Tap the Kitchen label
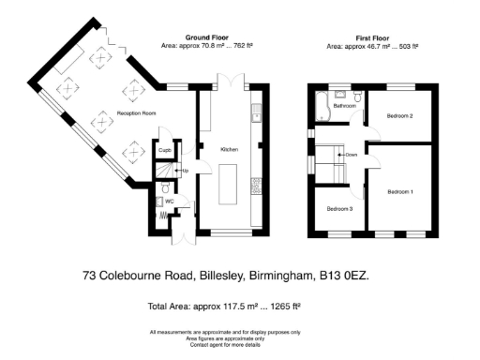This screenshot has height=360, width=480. pyautogui.click(x=229, y=150)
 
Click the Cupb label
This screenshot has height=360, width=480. pyautogui.click(x=164, y=150)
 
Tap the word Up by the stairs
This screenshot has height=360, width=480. pyautogui.click(x=185, y=171)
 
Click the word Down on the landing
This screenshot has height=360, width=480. pyautogui.click(x=351, y=155)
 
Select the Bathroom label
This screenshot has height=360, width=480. pyautogui.click(x=345, y=106)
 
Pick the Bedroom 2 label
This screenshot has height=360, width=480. pyautogui.click(x=400, y=115)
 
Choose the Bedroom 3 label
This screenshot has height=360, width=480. pyautogui.click(x=339, y=209)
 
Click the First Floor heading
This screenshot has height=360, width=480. pyautogui.click(x=372, y=37)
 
